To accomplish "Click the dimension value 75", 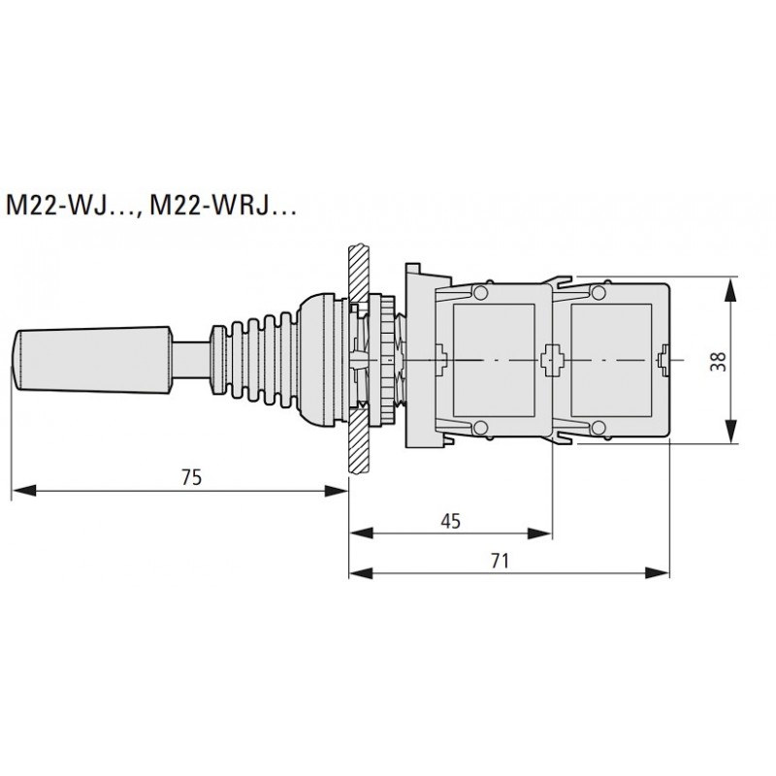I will pos(190,476).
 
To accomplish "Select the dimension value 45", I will pos(449,521).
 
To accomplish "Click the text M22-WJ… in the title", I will pos(71,208).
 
